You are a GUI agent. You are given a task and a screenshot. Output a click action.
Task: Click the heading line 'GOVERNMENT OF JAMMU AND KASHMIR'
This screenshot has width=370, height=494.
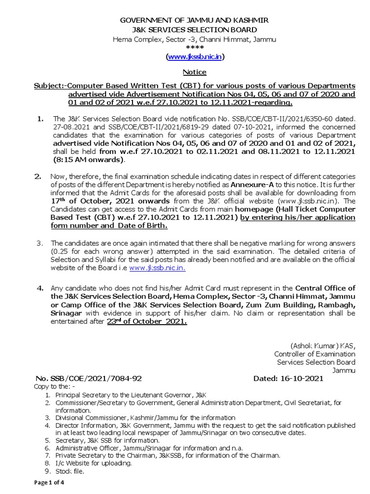pos(194,20)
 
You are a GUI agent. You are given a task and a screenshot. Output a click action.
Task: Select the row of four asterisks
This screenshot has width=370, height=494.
pos(195,48)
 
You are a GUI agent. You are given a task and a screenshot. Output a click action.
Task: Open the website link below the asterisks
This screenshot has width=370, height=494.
pos(195,57)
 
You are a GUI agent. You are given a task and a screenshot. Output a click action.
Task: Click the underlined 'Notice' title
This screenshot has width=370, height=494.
pos(195,72)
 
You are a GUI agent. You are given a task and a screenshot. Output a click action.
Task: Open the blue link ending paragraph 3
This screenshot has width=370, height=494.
pos(157,268)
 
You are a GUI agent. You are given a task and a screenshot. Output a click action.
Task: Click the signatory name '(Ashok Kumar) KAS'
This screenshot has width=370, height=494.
pos(322,345)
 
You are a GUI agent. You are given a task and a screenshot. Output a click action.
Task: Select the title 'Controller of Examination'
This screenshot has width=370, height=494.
pos(315,354)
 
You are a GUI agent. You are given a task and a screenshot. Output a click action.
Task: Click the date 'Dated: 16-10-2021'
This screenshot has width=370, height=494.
pos(288,379)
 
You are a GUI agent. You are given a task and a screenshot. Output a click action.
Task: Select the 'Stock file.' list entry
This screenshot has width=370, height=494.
pos(70,471)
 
